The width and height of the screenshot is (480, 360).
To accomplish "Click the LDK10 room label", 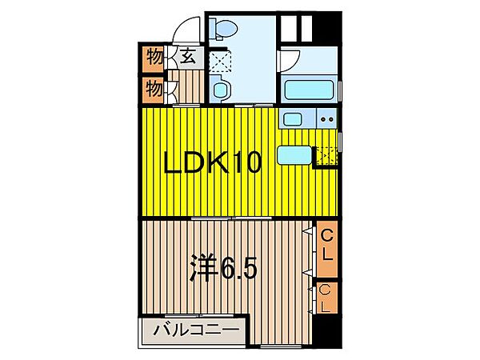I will click(213, 165).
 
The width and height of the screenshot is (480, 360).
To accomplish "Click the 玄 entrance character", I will click(187, 57).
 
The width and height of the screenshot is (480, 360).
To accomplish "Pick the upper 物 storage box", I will click(154, 58).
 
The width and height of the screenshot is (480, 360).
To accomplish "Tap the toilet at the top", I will click(223, 30).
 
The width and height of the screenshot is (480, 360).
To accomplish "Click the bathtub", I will click(310, 88).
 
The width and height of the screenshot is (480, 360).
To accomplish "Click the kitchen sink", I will click(292, 120).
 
